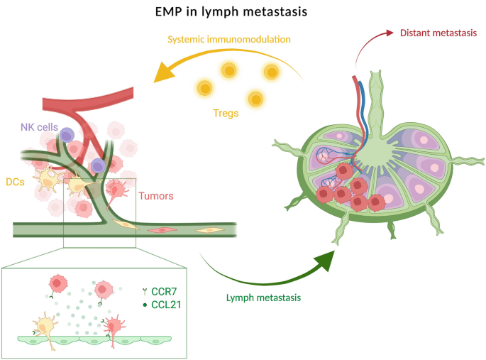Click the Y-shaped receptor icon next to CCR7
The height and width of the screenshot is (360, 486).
click(x=145, y=290)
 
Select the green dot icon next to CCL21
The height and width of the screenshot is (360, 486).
click(x=145, y=305)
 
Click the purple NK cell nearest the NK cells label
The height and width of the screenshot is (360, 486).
click(x=67, y=135)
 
